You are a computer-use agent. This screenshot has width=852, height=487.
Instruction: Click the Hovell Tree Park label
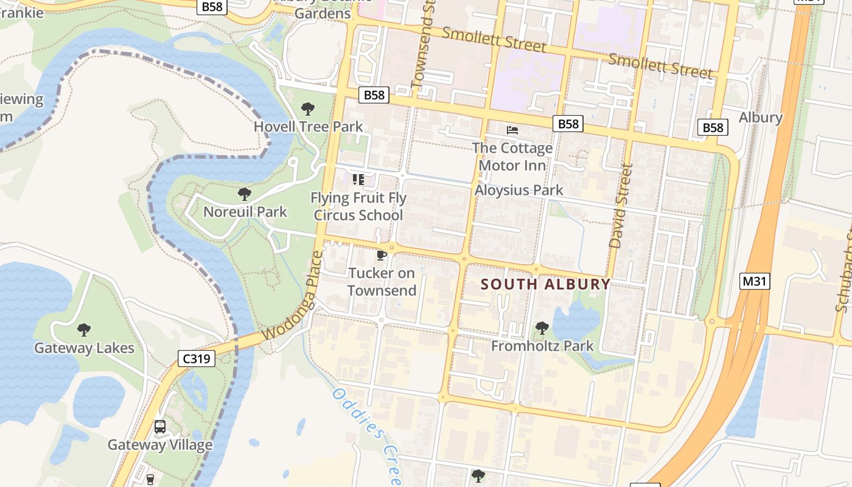click(x=308, y=127)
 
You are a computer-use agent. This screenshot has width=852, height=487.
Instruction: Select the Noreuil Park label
click(x=245, y=212)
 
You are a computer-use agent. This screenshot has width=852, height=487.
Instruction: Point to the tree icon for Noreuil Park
click(x=245, y=194)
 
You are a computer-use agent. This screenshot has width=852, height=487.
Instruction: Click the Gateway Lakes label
click(x=84, y=348)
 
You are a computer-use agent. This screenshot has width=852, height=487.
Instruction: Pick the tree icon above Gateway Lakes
click(x=84, y=330)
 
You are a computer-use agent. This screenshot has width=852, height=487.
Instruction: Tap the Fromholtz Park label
click(x=542, y=346)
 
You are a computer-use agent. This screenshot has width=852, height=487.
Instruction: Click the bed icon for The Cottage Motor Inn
click(x=512, y=130)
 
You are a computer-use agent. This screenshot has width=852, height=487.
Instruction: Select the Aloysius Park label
click(x=519, y=190)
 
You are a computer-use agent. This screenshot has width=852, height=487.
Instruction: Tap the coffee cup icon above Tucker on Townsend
click(x=382, y=255)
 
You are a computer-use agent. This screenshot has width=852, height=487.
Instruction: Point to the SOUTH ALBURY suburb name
click(x=545, y=284)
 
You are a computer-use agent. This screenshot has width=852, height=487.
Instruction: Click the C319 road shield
click(x=197, y=359)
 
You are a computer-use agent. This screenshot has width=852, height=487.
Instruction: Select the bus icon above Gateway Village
click(x=160, y=427)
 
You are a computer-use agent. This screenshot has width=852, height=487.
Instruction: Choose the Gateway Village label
click(x=160, y=445)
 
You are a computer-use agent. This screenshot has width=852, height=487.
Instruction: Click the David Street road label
click(x=621, y=206)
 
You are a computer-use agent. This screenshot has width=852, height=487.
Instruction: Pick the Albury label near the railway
click(x=760, y=117)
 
